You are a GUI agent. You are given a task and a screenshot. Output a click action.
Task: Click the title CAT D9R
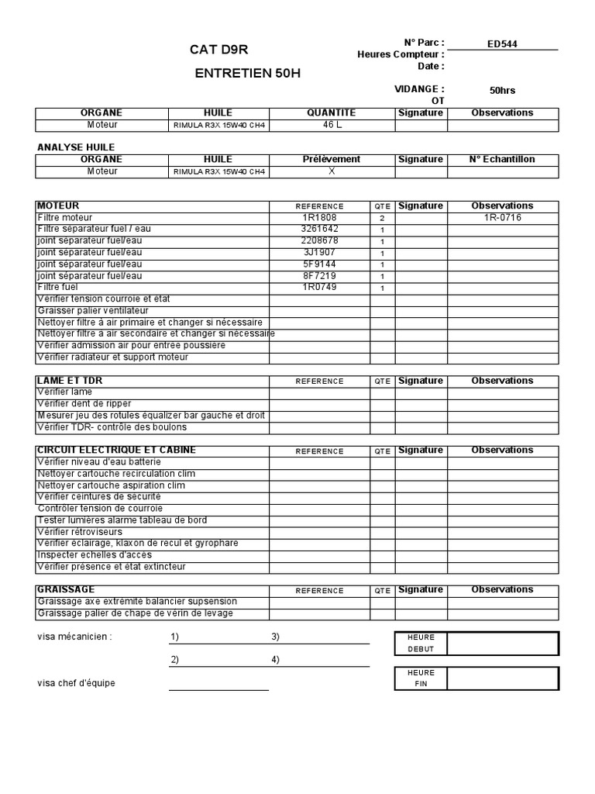tap(218, 50)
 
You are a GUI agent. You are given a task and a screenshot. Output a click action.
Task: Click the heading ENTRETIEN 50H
tap(247, 74)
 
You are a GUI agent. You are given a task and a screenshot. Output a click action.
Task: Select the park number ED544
tap(502, 44)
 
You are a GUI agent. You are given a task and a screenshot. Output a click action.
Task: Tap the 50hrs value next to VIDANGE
tap(502, 91)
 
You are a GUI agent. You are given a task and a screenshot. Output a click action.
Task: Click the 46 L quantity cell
tap(331, 125)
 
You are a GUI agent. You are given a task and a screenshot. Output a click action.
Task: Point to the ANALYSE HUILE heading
tap(76, 147)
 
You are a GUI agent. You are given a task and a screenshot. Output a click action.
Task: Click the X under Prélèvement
tap(331, 171)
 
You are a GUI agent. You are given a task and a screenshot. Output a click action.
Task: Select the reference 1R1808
tap(319, 218)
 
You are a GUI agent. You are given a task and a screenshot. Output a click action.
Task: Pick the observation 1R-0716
tap(502, 218)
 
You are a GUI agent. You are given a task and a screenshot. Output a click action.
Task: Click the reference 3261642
tap(319, 230)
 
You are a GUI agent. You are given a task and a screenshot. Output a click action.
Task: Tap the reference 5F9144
tap(319, 264)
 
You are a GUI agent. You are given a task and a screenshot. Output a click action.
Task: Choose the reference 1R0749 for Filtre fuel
tap(319, 288)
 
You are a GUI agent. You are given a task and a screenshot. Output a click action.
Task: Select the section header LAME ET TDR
tap(70, 381)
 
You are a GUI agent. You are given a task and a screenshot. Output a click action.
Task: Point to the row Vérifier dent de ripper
tap(84, 404)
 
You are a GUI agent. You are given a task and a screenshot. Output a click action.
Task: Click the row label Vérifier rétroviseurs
tap(81, 532)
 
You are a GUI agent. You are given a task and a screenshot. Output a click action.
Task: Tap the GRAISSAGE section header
tap(66, 590)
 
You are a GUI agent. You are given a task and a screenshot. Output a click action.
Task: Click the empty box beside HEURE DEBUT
tap(502, 644)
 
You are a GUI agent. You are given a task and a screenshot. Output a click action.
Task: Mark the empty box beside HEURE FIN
tap(502, 678)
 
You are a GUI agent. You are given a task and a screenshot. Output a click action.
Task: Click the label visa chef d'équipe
tap(76, 684)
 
